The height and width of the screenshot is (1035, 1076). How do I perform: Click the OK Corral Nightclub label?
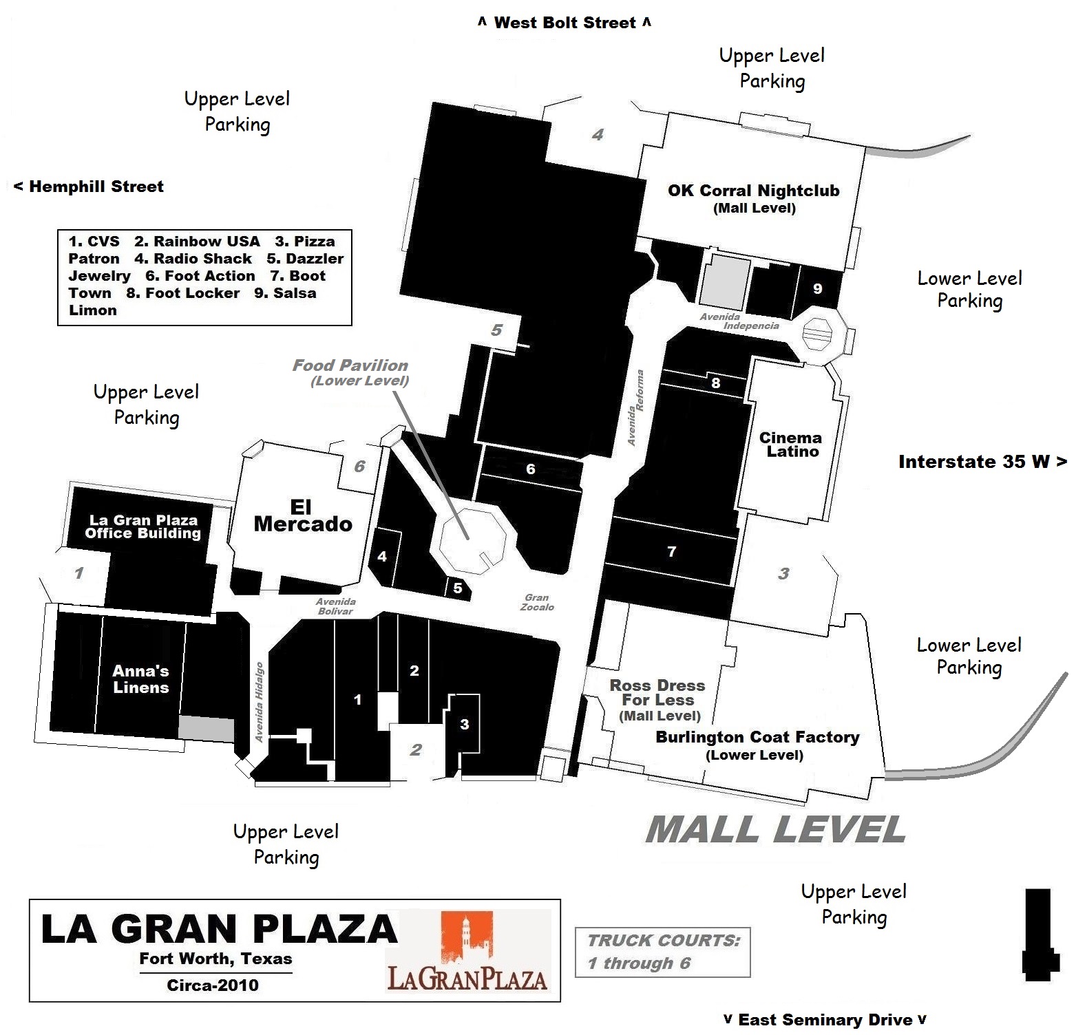tap(754, 198)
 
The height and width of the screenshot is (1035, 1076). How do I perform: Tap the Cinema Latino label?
tap(791, 445)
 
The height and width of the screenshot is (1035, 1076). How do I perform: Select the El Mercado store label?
tap(302, 515)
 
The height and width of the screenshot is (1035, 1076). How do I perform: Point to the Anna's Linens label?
tap(141, 679)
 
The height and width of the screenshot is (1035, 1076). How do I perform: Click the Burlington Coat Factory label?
tap(757, 745)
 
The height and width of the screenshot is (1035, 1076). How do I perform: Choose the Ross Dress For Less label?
tap(657, 700)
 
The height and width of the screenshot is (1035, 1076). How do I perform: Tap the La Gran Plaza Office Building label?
tap(143, 526)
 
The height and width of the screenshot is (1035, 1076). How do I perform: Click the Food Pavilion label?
tap(350, 372)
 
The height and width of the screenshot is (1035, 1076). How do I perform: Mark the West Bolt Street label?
tap(565, 23)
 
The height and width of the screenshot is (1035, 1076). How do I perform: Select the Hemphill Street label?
tap(89, 186)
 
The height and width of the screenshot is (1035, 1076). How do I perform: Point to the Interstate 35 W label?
tap(982, 462)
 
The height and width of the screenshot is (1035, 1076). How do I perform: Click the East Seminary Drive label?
tap(825, 1019)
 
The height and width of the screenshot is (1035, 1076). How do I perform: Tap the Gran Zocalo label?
tap(537, 602)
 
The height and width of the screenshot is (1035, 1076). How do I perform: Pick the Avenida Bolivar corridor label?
tap(335, 606)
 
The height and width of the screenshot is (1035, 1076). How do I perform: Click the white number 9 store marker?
tap(818, 289)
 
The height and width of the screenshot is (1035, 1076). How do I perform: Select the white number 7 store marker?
tap(672, 551)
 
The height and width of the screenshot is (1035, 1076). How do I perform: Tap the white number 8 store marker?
tap(716, 383)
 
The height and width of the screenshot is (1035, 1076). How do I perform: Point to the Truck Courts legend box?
tap(662, 952)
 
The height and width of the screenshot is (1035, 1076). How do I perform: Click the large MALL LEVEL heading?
tap(775, 829)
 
